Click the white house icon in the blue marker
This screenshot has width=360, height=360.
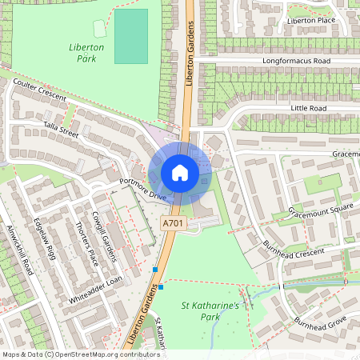point(180,173)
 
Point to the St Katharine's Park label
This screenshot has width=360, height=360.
point(211,311)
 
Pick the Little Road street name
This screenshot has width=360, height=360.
point(310,106)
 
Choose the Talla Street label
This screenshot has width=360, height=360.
point(61,130)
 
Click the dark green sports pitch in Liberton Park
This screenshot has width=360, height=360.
point(131,36)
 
